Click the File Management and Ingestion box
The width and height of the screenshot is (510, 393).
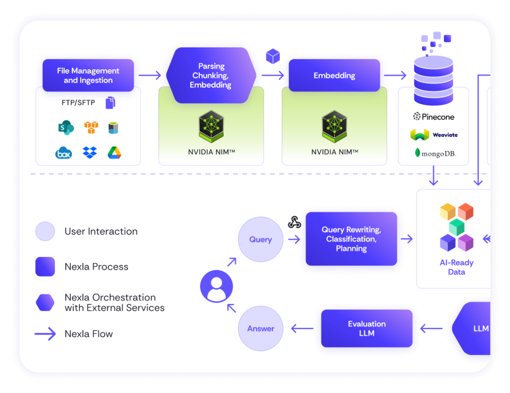88,76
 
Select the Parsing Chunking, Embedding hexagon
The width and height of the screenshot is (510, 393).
211,76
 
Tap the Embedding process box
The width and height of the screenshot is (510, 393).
334,76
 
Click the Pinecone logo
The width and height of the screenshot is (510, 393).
434,117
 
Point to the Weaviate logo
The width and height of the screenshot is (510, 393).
434,134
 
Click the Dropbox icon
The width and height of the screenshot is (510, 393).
90,153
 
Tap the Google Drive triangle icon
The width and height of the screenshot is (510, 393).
115,153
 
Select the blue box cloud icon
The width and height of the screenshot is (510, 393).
64,153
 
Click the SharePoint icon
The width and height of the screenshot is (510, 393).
66,128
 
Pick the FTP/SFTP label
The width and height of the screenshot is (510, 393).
78,103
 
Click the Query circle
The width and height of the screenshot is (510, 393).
260,240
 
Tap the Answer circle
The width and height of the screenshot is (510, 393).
260,329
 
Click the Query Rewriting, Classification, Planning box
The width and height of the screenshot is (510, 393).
351,239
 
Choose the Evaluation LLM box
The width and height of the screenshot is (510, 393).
367,329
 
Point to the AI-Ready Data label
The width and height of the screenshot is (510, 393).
456,267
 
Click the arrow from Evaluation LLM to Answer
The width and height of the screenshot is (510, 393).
302,329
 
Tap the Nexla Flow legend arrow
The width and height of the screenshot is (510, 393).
45,334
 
